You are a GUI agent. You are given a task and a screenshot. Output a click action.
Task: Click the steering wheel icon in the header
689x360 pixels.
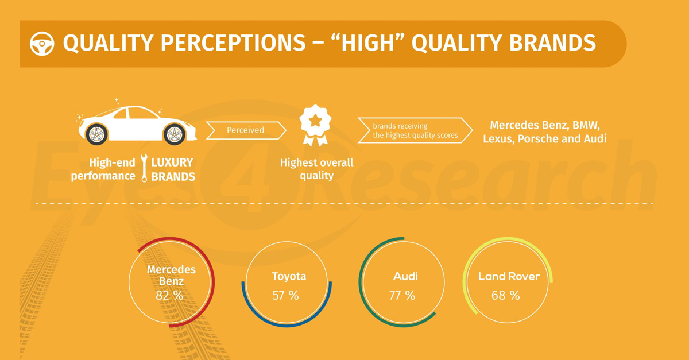click(x=42, y=44)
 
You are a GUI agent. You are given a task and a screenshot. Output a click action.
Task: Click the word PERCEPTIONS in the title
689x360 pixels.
click(x=233, y=42)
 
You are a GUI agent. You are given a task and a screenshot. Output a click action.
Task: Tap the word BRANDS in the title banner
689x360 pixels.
click(x=552, y=42)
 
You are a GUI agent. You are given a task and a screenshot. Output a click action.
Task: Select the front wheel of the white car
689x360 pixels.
click(x=175, y=134)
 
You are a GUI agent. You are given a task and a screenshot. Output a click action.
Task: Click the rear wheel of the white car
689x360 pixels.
click(x=97, y=134)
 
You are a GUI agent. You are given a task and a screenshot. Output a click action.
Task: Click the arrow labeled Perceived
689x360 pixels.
click(x=246, y=130)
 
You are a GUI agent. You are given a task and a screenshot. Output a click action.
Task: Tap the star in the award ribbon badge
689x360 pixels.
click(x=315, y=121)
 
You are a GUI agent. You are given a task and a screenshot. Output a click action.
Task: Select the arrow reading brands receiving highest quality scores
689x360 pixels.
click(x=415, y=130)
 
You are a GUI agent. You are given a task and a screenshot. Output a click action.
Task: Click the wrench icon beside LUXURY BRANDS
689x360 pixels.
click(x=144, y=168)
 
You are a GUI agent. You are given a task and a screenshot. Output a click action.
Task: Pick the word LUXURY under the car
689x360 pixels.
click(x=172, y=162)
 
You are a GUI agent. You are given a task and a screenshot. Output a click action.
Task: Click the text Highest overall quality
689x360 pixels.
click(x=316, y=169)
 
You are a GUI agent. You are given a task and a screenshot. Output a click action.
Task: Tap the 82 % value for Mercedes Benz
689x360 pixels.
click(x=169, y=295)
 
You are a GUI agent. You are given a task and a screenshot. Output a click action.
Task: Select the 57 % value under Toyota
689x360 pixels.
click(x=285, y=295)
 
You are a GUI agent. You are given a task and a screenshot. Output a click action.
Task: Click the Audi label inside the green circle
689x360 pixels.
click(x=405, y=276)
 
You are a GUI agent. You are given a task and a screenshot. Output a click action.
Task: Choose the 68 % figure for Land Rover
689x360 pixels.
click(x=505, y=295)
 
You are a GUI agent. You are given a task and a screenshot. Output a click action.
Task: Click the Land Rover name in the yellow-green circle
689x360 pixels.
click(x=509, y=276)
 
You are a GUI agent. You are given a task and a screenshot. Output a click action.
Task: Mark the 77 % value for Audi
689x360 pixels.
click(x=402, y=295)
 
